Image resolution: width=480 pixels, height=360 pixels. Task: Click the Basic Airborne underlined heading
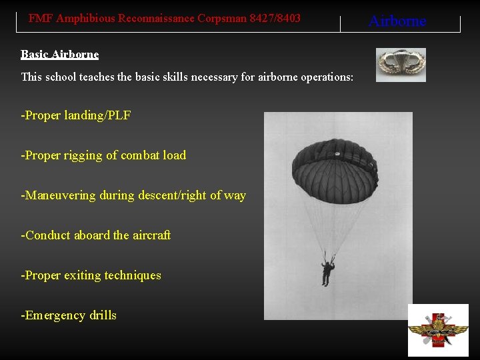(59, 55)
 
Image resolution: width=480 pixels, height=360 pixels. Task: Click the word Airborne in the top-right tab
(397, 21)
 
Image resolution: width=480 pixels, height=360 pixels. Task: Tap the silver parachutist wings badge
(401, 64)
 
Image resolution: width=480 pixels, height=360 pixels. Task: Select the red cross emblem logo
(438, 330)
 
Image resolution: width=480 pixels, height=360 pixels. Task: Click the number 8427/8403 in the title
(275, 19)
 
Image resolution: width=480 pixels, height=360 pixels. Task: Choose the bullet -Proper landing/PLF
(76, 115)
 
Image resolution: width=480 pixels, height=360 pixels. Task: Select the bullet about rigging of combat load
(104, 155)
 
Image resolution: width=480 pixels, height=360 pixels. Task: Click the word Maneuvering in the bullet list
(61, 195)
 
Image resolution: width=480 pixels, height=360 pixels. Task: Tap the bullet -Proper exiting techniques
(91, 275)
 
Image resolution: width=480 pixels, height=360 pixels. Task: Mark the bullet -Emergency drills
(69, 315)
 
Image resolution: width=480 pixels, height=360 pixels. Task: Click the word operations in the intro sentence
(325, 77)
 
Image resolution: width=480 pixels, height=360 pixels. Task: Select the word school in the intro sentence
(61, 77)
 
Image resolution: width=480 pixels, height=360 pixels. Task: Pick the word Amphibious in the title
(85, 19)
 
